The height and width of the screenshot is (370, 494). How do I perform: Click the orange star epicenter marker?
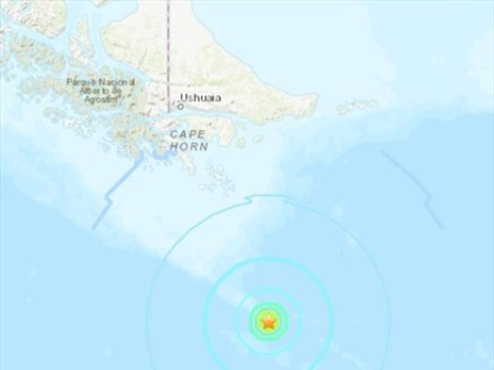pos(268,322)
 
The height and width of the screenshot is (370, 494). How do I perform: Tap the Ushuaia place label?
pos(200,98)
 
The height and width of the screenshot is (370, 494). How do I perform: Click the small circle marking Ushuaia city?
pos(180,107)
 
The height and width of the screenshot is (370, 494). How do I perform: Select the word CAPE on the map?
pos(188,134)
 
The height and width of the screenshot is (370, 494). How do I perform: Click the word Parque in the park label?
pos(79,82)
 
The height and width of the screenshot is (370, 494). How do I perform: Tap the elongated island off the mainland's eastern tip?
pos(357,106)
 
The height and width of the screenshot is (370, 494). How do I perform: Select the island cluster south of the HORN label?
pos(219,177)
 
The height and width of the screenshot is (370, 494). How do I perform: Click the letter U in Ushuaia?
pos(183,98)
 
